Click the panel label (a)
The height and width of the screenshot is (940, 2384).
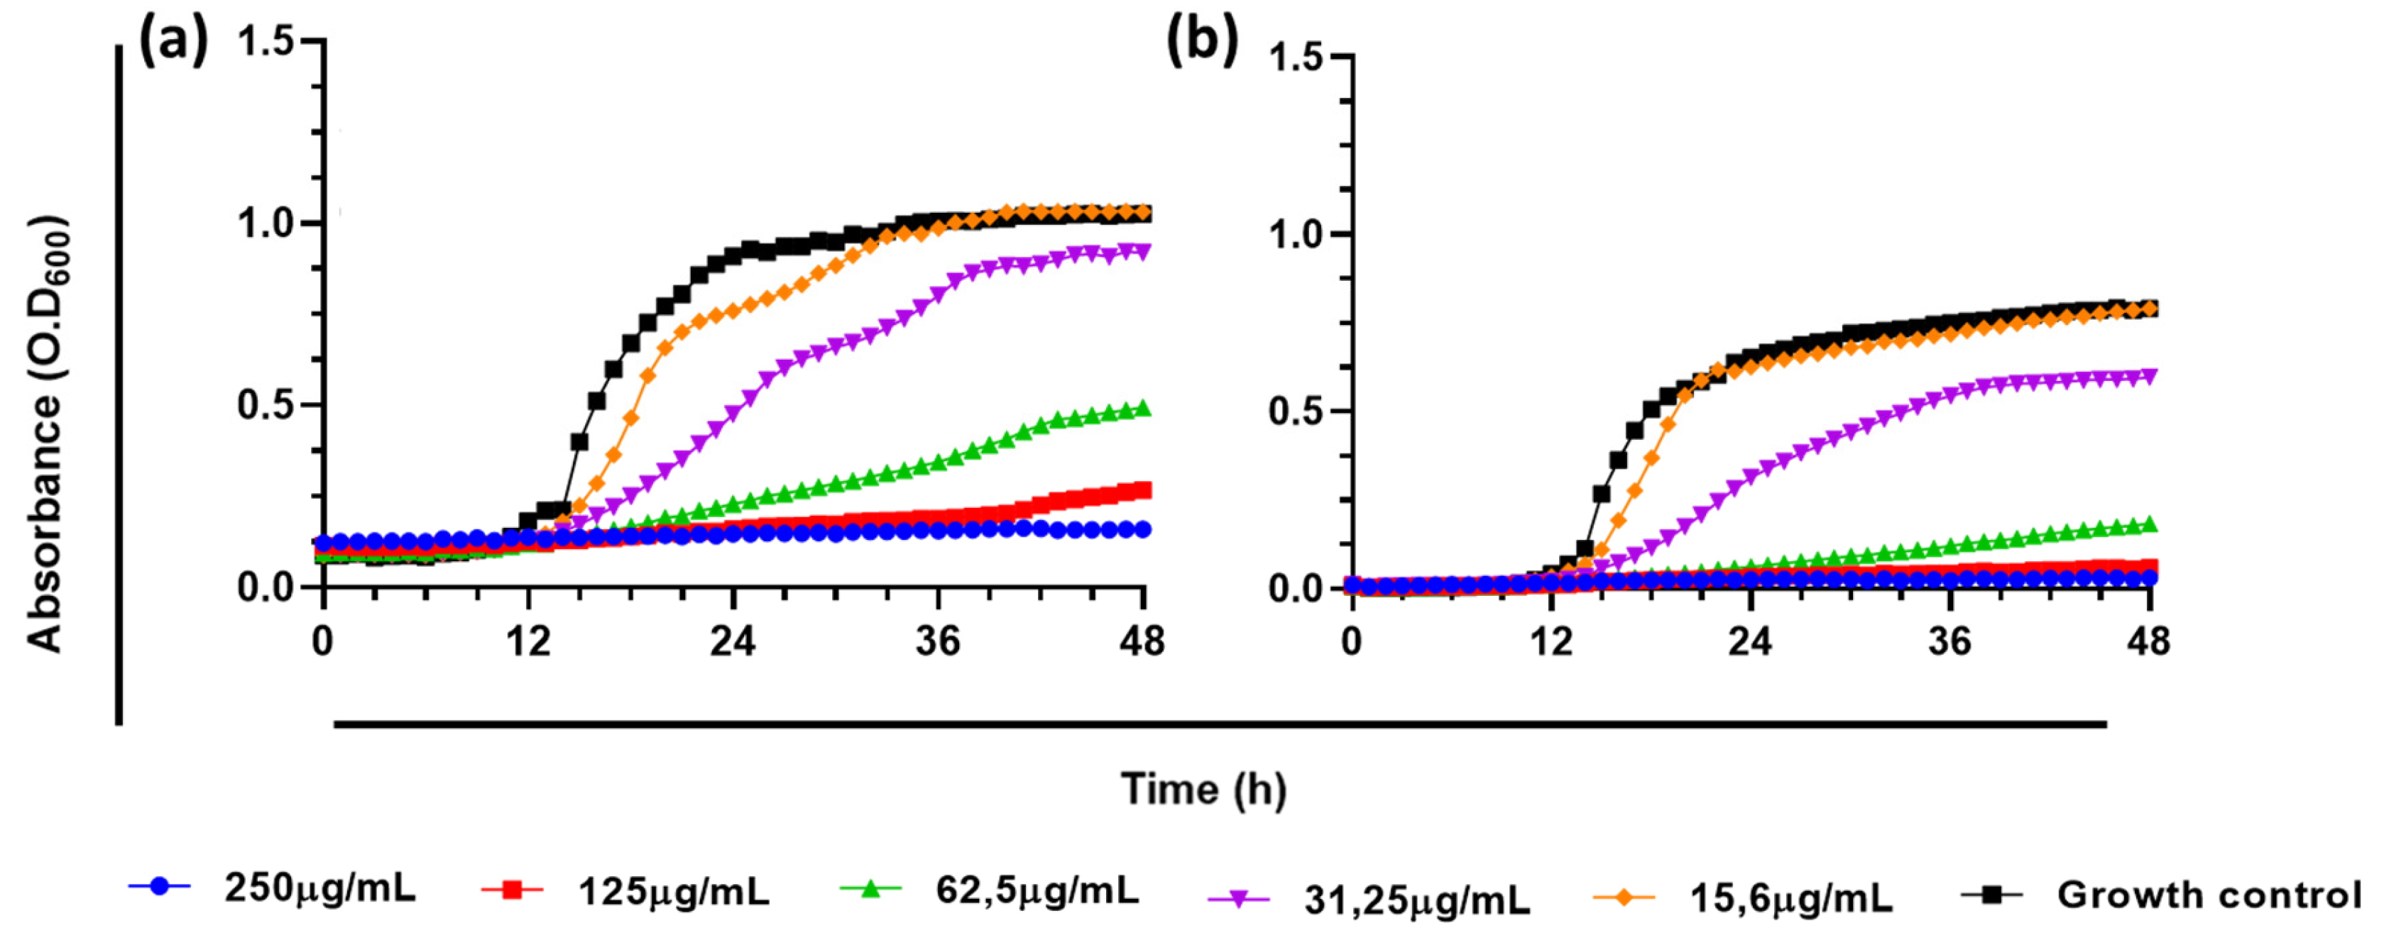point(173,42)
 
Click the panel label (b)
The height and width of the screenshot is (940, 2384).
point(1201,42)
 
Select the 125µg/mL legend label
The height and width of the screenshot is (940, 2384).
point(674,892)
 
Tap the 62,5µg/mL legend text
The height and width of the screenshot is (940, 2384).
point(1037,890)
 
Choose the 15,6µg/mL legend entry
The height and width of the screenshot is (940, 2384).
point(1790,897)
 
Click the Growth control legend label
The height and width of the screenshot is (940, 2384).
point(2208,895)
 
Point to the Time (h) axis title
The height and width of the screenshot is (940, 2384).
point(1203,789)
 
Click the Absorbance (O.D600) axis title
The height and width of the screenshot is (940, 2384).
point(46,435)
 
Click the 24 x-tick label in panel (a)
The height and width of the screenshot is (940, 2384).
point(732,641)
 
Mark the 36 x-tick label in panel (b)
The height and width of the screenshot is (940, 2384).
point(1949,641)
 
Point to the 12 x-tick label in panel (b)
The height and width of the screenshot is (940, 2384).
point(1551,641)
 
